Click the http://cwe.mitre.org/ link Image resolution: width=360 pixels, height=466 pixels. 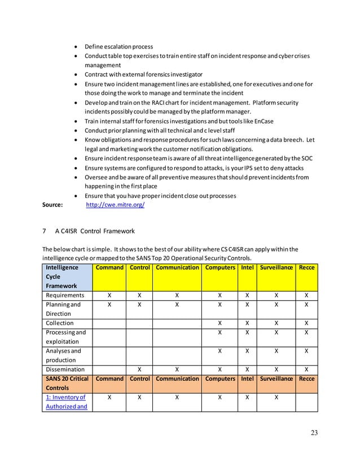[x=115, y=205]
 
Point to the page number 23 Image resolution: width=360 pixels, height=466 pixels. [x=314, y=433]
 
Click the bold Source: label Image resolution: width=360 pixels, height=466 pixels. [x=53, y=205]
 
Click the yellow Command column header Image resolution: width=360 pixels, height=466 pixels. [x=109, y=268]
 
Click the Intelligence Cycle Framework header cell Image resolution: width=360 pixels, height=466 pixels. [x=67, y=277]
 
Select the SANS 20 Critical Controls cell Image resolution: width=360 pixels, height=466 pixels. [x=67, y=384]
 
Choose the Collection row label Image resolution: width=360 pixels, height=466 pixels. [x=60, y=323]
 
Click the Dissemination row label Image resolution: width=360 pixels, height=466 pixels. [x=66, y=370]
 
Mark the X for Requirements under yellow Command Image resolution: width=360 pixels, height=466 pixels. [x=109, y=295]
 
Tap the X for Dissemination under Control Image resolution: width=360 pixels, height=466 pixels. [x=139, y=370]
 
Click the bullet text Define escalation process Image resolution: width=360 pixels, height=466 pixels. [x=118, y=47]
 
